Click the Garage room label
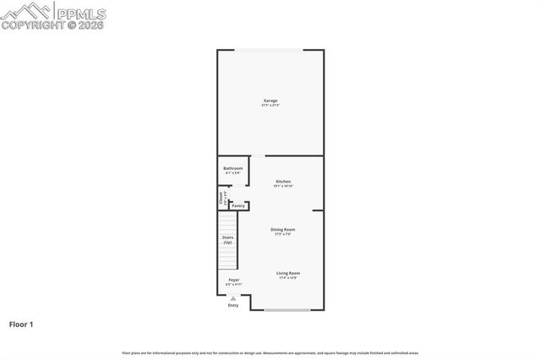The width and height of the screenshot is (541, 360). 270,101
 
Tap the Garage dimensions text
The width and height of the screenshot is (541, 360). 270,106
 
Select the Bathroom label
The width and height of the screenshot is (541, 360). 232,168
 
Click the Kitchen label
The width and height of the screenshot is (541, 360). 283,182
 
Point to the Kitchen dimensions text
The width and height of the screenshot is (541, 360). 283,187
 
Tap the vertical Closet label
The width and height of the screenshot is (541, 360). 221,198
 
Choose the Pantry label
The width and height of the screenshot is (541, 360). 238,205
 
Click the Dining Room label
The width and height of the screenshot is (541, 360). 282,229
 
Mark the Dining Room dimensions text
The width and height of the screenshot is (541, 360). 282,234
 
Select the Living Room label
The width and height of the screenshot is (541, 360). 288,273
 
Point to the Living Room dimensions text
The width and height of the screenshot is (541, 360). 288,278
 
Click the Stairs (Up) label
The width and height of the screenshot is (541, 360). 227,240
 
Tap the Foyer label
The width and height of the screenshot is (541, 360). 233,280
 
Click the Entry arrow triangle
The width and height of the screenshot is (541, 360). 232,297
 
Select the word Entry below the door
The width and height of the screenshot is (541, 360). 232,305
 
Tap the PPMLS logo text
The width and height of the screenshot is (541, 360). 81,13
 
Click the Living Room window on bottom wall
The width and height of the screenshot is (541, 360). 287,310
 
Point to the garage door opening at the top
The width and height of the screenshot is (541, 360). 270,50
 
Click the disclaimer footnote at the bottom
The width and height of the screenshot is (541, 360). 270,352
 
